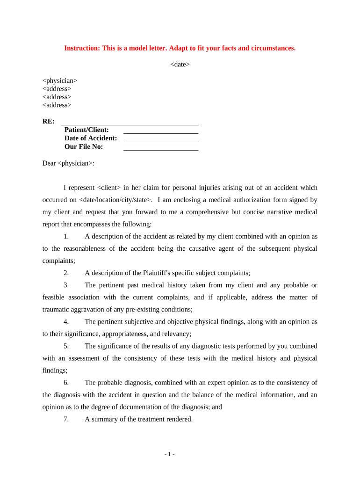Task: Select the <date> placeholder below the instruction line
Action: [180, 65]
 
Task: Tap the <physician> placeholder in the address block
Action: [60, 80]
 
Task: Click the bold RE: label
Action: [48, 121]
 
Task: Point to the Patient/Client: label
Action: [86, 130]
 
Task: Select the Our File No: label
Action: [84, 146]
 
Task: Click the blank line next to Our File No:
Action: [161, 149]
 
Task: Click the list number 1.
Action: [66, 236]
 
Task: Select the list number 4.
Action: [66, 322]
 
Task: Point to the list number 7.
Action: [66, 419]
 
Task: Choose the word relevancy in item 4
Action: [176, 334]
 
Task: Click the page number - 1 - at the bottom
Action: [169, 454]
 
